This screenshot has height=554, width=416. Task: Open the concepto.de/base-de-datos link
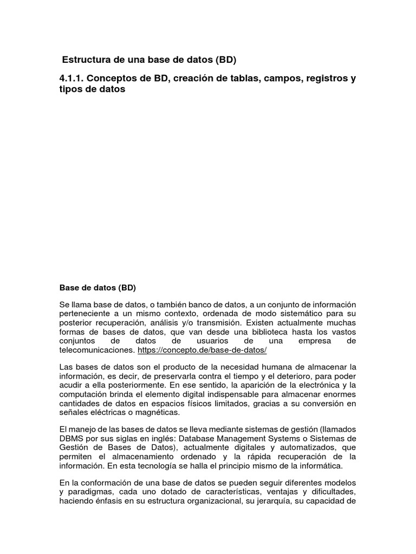(x=203, y=350)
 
